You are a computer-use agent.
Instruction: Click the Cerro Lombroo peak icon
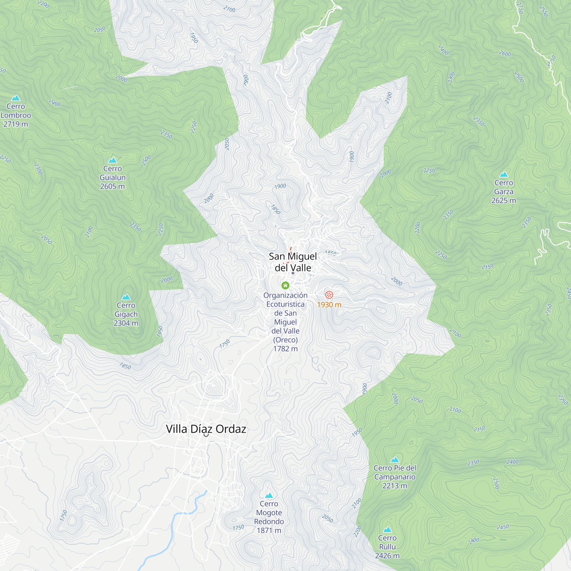tap(16, 98)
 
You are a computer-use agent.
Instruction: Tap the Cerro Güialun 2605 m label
tap(112, 177)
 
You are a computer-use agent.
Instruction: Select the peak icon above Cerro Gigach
tap(126, 297)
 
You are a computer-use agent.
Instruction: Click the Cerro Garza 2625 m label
tap(504, 192)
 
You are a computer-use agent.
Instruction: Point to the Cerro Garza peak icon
tap(504, 174)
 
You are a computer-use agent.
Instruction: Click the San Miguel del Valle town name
tap(293, 262)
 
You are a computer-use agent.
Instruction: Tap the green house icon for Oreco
tap(285, 285)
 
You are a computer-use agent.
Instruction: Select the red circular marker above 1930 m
tap(329, 295)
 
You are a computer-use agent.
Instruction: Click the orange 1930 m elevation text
tap(329, 305)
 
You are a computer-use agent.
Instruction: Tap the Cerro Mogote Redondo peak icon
tap(269, 496)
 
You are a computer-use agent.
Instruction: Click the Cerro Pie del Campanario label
tap(395, 477)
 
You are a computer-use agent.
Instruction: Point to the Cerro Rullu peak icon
tap(387, 530)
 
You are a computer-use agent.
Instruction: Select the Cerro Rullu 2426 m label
tap(387, 547)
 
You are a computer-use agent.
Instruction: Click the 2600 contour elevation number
tap(505, 54)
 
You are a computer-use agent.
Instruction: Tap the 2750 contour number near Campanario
tap(479, 429)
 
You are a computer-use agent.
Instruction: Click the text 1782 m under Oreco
tap(285, 349)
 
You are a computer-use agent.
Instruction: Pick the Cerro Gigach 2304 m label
tap(126, 314)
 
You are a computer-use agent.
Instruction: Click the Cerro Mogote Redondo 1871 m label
tap(269, 517)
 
